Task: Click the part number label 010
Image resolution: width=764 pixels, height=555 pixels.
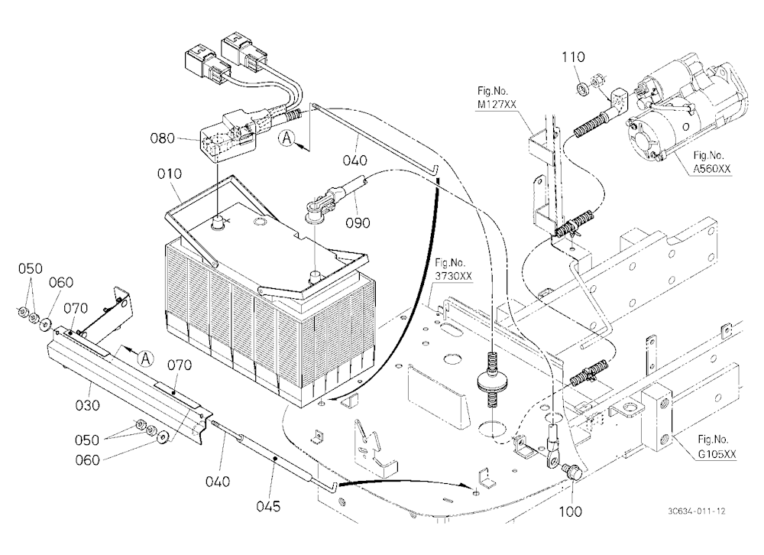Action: (170, 174)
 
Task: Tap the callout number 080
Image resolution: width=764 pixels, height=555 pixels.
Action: (162, 138)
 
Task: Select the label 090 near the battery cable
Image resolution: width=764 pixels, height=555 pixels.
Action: (358, 223)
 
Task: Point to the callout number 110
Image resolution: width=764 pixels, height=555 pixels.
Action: (573, 57)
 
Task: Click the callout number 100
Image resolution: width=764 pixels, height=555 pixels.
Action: (570, 511)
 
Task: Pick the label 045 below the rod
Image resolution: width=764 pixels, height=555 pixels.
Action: (268, 506)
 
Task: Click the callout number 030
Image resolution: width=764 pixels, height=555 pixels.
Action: (88, 405)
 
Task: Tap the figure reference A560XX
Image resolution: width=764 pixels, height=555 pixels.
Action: (712, 169)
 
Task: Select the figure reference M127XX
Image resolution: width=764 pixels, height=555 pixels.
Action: (497, 104)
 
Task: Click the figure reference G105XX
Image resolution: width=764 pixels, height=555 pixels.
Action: (717, 454)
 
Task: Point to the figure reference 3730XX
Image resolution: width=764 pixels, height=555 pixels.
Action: (453, 276)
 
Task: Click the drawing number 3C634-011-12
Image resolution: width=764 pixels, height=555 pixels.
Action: (697, 511)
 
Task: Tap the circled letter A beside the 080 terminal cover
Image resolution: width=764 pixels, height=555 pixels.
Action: (287, 138)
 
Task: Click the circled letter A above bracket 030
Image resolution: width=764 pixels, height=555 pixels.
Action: (145, 359)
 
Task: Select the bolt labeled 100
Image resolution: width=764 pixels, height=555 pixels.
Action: (570, 472)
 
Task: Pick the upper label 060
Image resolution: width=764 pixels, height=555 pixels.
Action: (61, 282)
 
